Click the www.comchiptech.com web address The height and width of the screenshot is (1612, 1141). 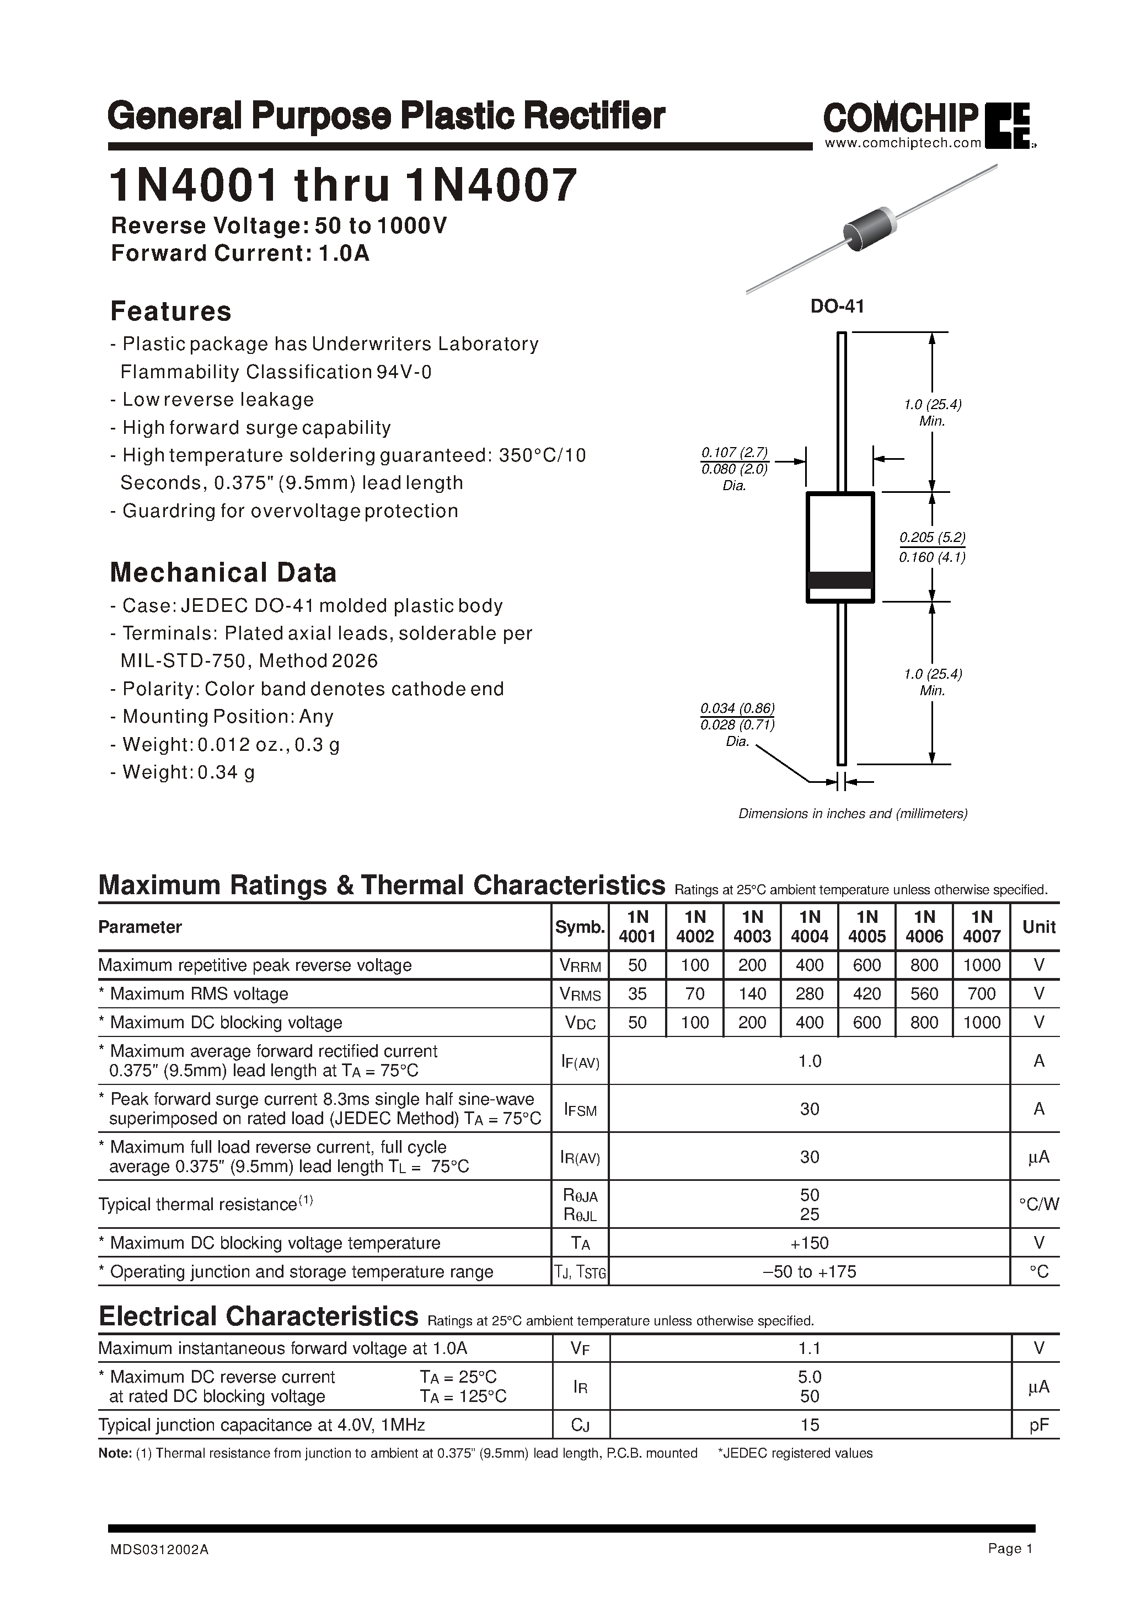pyautogui.click(x=902, y=143)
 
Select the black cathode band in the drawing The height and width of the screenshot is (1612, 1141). pyautogui.click(x=840, y=580)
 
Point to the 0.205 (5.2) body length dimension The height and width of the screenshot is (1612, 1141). pyautogui.click(x=933, y=538)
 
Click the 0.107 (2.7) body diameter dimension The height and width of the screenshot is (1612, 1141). pyautogui.click(x=734, y=453)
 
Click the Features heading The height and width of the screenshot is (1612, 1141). pyautogui.click(x=171, y=311)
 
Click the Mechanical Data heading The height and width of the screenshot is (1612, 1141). pyautogui.click(x=223, y=572)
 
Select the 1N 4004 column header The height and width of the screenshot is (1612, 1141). pyautogui.click(x=810, y=927)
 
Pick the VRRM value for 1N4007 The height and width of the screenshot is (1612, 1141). pyautogui.click(x=982, y=965)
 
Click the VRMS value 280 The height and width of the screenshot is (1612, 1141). pyautogui.click(x=810, y=994)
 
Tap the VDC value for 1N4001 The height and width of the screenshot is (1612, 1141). pyautogui.click(x=638, y=1023)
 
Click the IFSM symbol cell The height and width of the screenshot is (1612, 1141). pyautogui.click(x=580, y=1110)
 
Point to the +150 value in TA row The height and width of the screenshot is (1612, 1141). pyautogui.click(x=810, y=1243)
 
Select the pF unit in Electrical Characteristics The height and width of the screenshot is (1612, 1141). pyautogui.click(x=1038, y=1425)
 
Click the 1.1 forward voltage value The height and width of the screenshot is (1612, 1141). pyautogui.click(x=810, y=1348)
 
